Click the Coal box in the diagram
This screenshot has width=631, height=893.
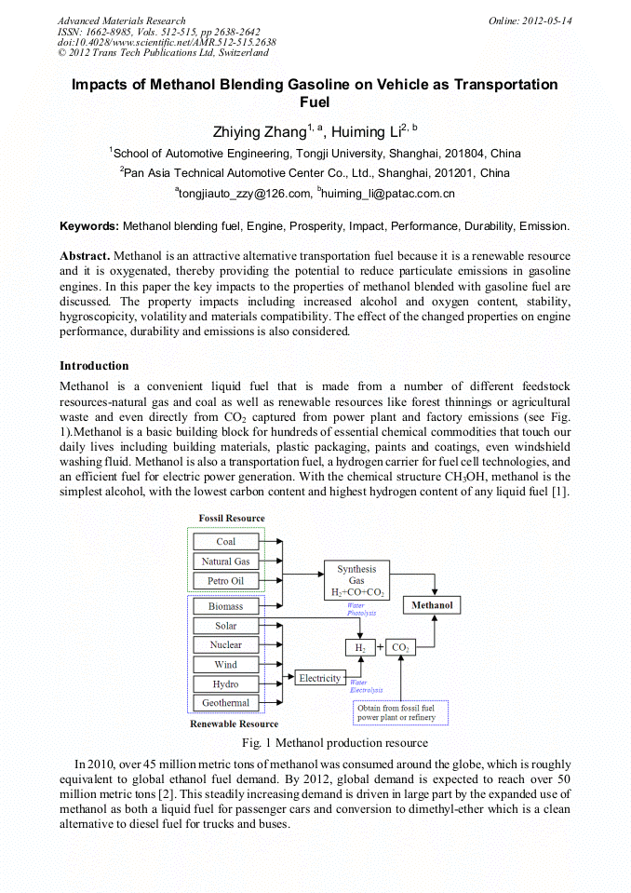coord(226,541)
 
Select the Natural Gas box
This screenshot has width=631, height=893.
coord(226,562)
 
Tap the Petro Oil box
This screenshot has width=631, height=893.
coord(226,581)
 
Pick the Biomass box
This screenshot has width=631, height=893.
coord(226,606)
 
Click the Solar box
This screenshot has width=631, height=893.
coord(226,626)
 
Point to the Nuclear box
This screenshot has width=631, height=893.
coord(226,644)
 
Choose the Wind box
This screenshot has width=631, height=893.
coord(226,665)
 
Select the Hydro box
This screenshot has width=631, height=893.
coord(226,684)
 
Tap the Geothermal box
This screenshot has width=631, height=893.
coord(226,703)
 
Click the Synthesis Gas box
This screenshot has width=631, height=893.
coord(356,580)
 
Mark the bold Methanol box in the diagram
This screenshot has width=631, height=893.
coord(433,605)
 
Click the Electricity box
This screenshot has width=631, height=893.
coord(319,678)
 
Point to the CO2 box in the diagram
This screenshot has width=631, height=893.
coord(400,647)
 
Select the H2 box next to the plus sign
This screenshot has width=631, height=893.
coord(359,647)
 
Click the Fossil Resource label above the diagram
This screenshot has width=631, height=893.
coord(232,518)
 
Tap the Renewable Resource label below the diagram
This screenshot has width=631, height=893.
coord(234,724)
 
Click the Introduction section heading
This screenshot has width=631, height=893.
coord(94,365)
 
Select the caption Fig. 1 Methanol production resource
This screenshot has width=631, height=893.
coord(334,742)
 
